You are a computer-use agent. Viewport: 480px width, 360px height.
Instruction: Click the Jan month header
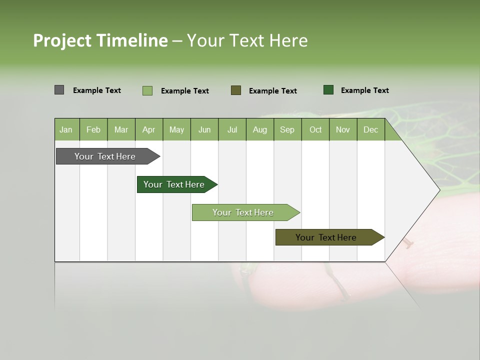66,129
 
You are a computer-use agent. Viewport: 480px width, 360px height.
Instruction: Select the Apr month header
148,129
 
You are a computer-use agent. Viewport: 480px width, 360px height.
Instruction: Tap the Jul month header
232,129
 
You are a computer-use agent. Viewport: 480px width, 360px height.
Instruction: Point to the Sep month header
287,129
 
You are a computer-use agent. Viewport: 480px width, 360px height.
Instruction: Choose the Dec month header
370,129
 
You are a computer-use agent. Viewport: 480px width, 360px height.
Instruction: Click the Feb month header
93,129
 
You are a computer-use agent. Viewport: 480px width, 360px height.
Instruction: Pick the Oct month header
315,129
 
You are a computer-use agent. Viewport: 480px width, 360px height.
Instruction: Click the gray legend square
59,90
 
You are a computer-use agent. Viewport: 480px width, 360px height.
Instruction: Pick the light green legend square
147,90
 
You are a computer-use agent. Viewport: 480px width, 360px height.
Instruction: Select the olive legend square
236,90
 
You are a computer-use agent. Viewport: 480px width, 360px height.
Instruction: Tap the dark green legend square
328,90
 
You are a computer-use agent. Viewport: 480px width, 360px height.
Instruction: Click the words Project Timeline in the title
100,40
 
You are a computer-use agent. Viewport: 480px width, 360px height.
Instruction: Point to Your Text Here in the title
247,40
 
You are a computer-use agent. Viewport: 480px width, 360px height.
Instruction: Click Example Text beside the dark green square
364,90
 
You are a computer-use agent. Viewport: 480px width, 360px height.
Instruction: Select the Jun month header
204,129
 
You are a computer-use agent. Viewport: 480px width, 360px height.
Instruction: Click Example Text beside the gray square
97,90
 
